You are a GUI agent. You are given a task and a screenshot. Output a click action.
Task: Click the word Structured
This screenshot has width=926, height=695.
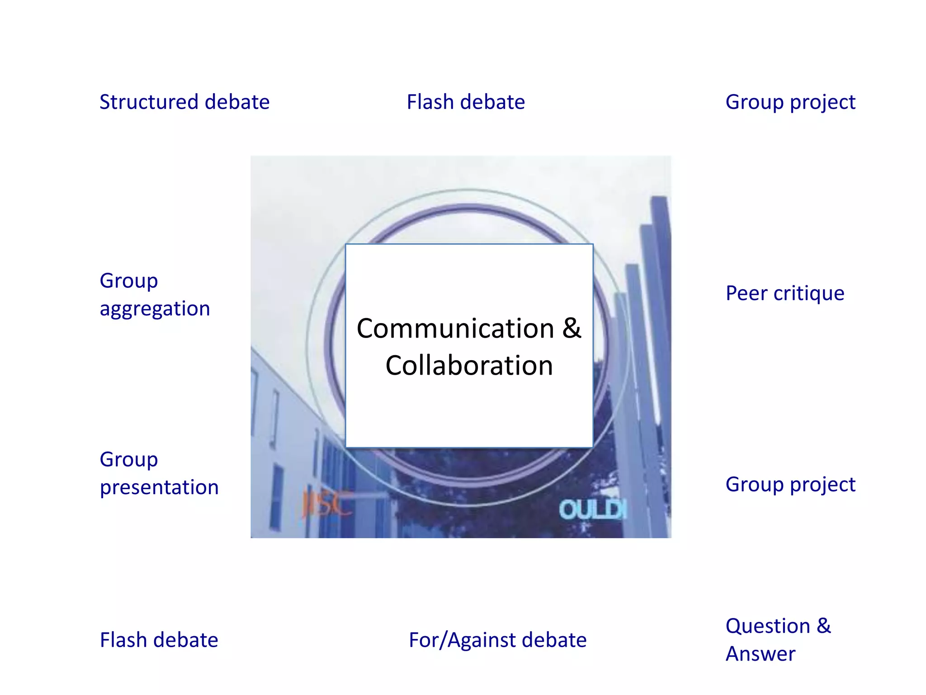coord(148,102)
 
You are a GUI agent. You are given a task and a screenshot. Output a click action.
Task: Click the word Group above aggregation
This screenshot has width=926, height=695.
coord(129,281)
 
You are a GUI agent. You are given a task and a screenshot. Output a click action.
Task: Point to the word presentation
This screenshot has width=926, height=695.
coord(159,488)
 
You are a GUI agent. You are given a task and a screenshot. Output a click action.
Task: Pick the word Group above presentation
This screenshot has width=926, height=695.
coord(129,460)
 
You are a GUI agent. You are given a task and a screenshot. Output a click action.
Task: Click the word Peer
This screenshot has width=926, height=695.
coord(746,294)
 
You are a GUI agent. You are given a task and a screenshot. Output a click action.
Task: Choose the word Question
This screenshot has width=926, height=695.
coord(768,627)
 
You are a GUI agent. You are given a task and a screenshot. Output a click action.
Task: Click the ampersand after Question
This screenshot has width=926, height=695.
coord(824,626)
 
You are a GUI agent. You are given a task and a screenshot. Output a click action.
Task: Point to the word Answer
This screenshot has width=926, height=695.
coord(761,654)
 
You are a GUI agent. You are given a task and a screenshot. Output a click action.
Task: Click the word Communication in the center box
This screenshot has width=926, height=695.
coord(455,328)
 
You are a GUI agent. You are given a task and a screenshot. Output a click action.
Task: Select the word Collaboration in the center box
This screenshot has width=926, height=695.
coord(469,366)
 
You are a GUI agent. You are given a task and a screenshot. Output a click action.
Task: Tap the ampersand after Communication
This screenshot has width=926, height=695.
coord(572,328)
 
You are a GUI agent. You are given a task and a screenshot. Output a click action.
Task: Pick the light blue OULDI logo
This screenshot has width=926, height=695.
coord(593,510)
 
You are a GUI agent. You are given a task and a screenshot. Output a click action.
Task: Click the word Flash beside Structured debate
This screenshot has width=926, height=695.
coord(430,102)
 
